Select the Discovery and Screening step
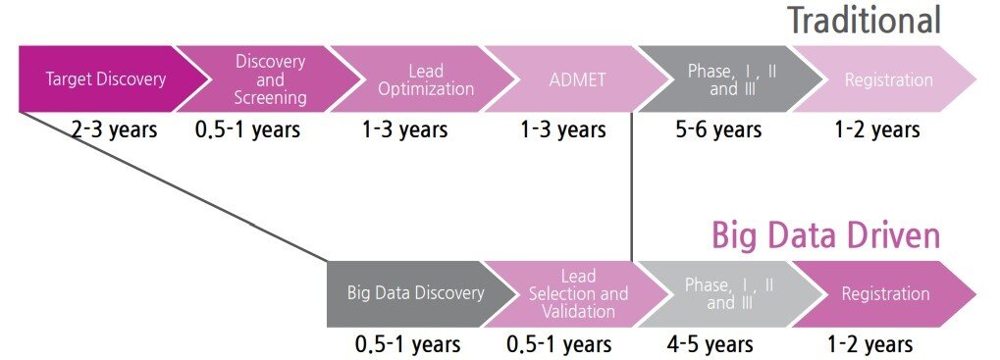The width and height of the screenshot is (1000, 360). click(x=268, y=79)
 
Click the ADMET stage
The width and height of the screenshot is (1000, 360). click(x=577, y=79)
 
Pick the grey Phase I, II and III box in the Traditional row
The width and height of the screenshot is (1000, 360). click(x=730, y=79)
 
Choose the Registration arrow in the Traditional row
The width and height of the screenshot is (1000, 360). click(x=886, y=79)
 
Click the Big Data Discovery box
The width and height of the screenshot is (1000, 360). click(x=418, y=293)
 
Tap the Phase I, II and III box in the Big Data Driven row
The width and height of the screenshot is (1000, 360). click(x=730, y=293)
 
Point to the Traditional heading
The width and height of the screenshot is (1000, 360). click(x=865, y=21)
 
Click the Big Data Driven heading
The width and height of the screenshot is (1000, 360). click(x=826, y=235)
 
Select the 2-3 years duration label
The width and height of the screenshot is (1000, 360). click(x=114, y=130)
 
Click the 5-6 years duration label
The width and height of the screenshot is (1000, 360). click(x=718, y=130)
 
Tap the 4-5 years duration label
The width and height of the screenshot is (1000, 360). click(x=710, y=344)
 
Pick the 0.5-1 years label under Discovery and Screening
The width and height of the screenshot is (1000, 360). click(x=247, y=130)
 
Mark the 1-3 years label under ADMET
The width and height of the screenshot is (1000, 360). click(x=563, y=130)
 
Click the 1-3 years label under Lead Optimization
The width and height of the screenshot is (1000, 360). click(x=405, y=130)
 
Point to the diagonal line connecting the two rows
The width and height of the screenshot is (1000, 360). click(x=173, y=186)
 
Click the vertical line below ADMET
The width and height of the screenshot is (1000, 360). click(x=631, y=186)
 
